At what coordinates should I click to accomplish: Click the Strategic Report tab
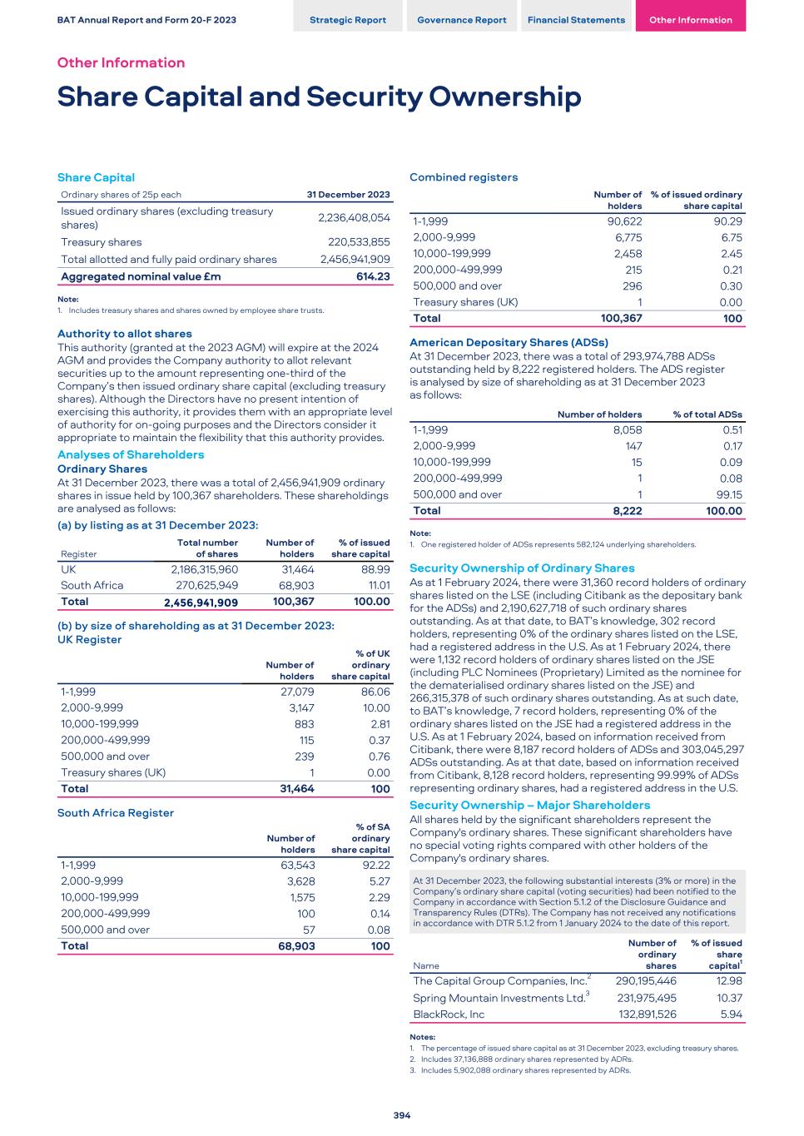point(347,20)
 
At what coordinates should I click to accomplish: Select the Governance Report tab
point(461,20)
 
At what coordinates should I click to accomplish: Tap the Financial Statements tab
point(576,20)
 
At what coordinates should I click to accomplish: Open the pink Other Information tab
point(690,20)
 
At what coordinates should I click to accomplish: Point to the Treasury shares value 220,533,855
point(355,242)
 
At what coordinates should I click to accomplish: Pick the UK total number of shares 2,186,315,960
point(204,569)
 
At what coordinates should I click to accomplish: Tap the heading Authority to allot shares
point(124,334)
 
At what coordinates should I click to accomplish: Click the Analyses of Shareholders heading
point(130,454)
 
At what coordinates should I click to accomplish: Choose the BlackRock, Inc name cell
point(449,1014)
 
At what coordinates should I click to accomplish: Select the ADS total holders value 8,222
point(627,511)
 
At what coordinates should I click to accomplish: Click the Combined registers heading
point(463,177)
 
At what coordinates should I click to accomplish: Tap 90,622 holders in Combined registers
point(624,221)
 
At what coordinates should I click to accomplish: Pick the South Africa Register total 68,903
point(296,946)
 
